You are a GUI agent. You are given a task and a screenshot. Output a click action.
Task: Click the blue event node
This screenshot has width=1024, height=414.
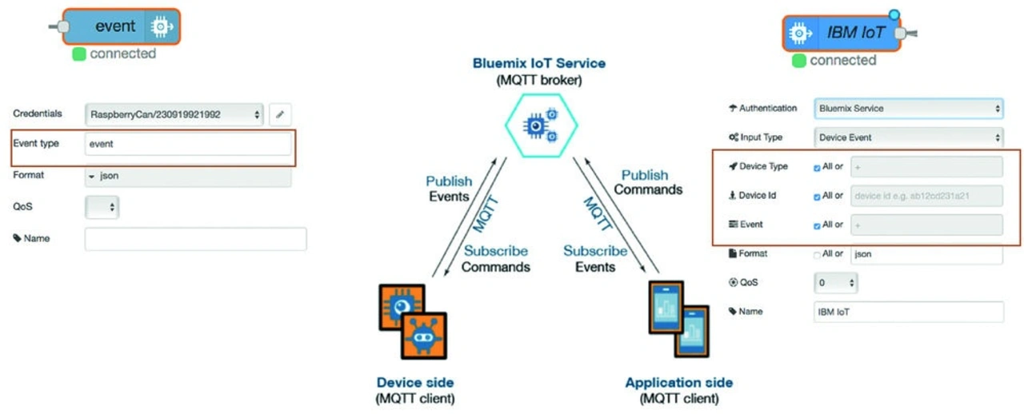tap(120, 26)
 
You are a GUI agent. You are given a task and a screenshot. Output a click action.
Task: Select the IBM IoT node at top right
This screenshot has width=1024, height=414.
tap(840, 33)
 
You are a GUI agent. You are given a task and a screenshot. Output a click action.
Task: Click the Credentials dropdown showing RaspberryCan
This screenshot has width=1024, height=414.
tap(174, 114)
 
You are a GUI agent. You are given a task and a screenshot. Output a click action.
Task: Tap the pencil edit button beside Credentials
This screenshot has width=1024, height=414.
tap(279, 114)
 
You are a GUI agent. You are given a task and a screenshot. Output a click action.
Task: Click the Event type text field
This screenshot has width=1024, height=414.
tap(187, 144)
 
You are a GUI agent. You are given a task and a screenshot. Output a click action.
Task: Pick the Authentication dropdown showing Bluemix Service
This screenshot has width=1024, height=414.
tap(908, 108)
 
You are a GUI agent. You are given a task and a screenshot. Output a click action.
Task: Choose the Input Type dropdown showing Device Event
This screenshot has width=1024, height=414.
tap(908, 137)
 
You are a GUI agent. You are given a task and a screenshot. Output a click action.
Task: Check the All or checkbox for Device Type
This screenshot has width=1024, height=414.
tap(816, 167)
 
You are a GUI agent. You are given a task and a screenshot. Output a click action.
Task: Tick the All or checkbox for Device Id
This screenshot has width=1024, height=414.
tap(816, 196)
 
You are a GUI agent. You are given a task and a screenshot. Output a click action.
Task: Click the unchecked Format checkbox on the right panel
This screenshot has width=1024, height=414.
tap(816, 254)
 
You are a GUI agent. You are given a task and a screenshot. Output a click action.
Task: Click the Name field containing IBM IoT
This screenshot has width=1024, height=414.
tap(908, 312)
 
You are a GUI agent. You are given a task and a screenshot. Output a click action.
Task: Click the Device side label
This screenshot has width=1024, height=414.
tap(415, 382)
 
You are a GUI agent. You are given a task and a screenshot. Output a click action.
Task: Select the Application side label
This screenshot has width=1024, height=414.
tap(679, 382)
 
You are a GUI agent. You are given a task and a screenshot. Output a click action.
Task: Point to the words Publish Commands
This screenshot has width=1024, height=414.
tap(647, 182)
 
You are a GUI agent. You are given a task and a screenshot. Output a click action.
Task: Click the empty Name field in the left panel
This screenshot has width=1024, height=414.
tap(195, 239)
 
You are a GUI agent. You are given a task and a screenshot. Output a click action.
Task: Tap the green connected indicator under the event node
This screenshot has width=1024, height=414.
tap(79, 54)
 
